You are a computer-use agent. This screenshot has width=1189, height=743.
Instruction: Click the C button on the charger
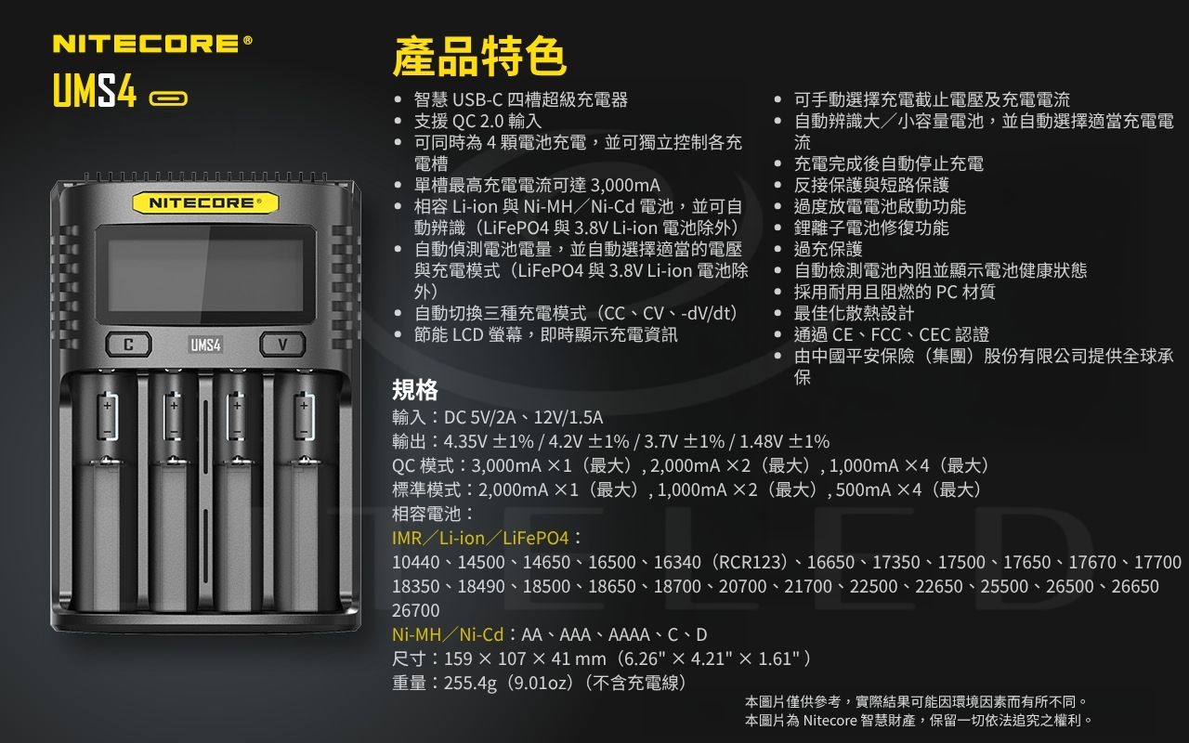[x=128, y=345]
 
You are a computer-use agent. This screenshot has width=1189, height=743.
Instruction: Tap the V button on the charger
[x=282, y=345]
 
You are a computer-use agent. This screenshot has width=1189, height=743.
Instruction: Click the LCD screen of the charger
[x=205, y=275]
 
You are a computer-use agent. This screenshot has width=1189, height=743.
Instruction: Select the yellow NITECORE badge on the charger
[x=205, y=202]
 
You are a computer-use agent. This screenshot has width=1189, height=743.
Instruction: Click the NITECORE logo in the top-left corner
[x=152, y=44]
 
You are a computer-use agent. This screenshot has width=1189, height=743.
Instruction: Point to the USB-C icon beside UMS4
[x=168, y=98]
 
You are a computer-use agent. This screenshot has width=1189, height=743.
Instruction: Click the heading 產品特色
[x=479, y=57]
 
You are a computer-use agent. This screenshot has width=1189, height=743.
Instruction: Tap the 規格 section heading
[x=415, y=390]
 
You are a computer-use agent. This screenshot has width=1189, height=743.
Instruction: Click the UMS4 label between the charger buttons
[x=205, y=345]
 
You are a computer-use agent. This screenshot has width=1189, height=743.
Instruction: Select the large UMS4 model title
[x=95, y=90]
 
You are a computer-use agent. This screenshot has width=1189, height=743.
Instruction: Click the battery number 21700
[x=808, y=586]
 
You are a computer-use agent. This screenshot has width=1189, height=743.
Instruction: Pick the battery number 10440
[x=415, y=562]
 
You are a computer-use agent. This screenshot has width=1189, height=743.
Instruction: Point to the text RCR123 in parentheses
[x=751, y=562]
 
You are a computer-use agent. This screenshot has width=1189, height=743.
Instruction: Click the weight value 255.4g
[x=471, y=683]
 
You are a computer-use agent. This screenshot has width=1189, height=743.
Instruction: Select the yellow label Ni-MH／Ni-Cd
[x=448, y=634]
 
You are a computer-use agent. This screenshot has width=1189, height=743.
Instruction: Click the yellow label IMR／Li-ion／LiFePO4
[x=480, y=538]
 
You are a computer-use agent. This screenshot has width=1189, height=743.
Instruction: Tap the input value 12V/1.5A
[x=568, y=418]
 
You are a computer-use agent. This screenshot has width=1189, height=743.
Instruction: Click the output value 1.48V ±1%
[x=784, y=441]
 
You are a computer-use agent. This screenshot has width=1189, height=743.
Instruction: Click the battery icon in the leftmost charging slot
[x=107, y=417]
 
